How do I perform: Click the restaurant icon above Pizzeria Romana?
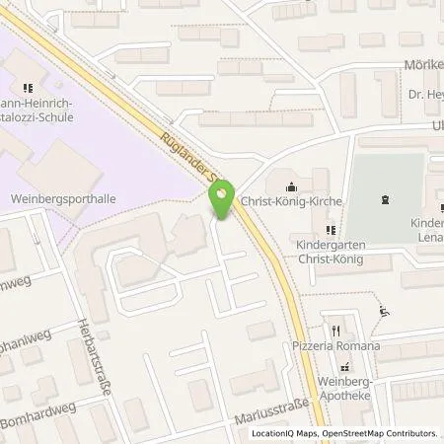click(336, 331)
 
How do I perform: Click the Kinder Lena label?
click(425, 230)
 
